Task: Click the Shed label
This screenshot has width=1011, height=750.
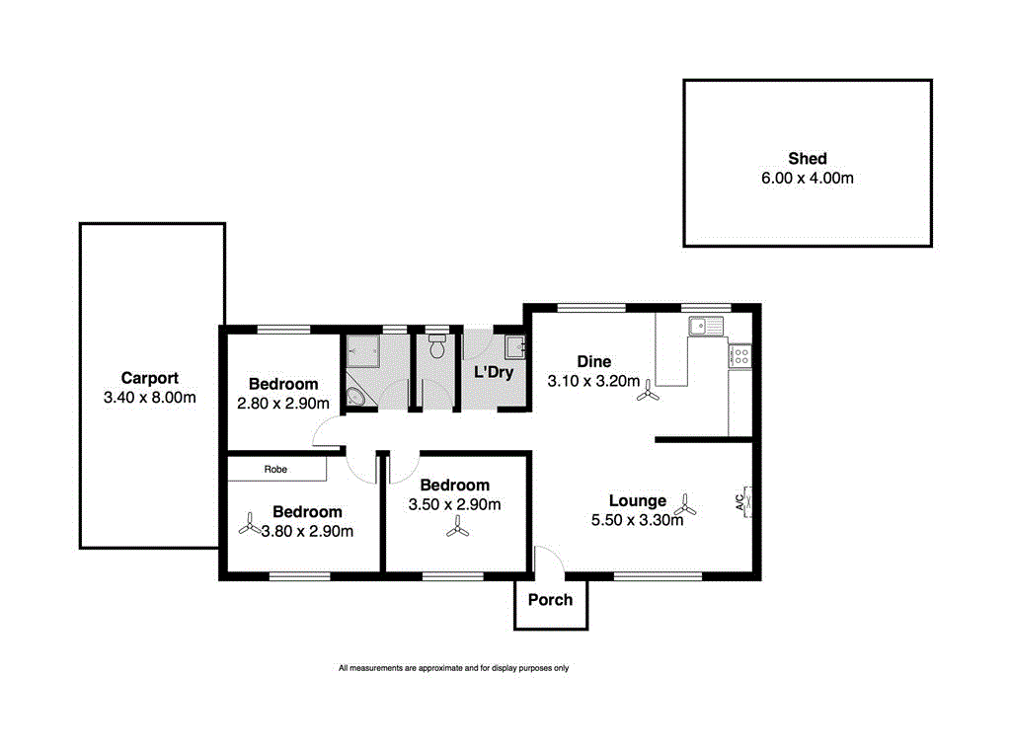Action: tap(807, 158)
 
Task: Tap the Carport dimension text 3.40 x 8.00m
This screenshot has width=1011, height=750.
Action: tap(150, 398)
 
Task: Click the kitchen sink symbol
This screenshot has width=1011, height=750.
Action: tap(707, 325)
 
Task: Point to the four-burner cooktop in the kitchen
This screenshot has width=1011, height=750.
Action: tap(740, 354)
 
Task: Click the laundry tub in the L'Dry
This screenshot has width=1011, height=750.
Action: tap(514, 346)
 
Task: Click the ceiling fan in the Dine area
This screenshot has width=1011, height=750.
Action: tap(648, 393)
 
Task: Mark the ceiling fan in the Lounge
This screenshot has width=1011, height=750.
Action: tap(688, 508)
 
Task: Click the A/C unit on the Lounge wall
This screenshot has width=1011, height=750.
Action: tap(747, 501)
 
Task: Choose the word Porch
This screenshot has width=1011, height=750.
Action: tap(550, 599)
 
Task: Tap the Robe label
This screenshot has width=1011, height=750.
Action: tap(275, 470)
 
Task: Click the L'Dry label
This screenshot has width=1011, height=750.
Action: tap(493, 373)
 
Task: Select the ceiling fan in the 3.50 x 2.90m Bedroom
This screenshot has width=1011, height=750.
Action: tap(455, 530)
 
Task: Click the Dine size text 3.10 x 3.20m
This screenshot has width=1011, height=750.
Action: tap(593, 380)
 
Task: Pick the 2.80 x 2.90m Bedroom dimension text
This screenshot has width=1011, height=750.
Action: tap(283, 403)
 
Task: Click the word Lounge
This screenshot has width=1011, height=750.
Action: tap(637, 500)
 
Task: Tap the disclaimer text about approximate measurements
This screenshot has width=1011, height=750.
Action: tap(453, 668)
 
